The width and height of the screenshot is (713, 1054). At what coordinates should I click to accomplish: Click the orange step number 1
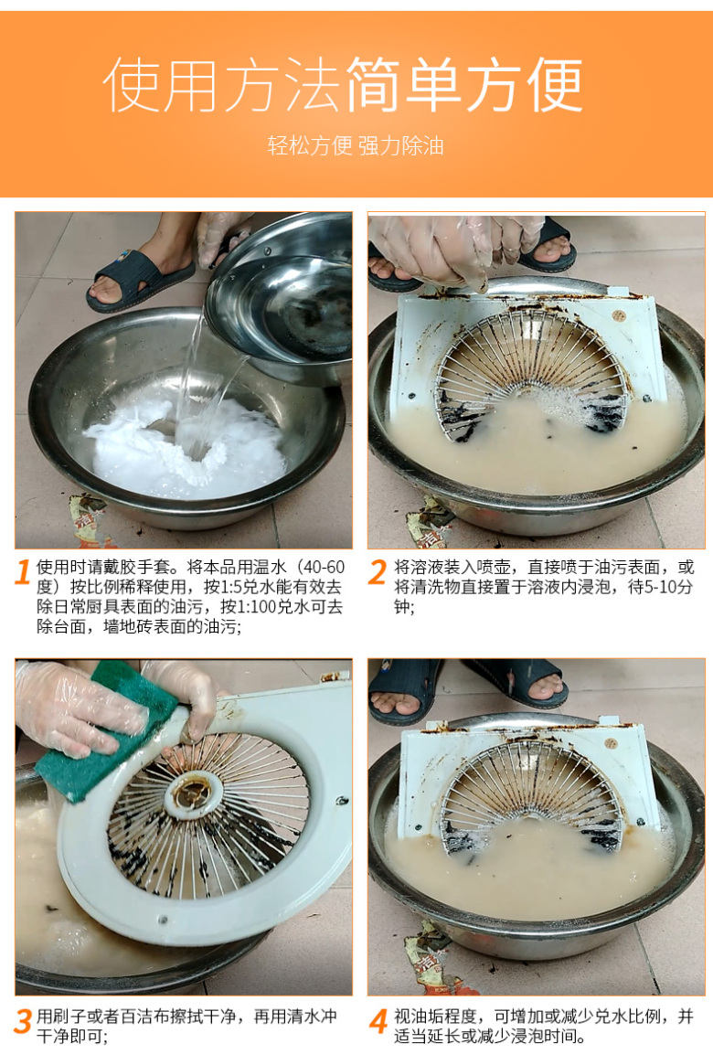click(23, 572)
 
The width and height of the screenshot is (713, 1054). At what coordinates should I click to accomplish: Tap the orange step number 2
click(377, 572)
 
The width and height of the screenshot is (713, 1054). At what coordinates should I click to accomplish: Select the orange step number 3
click(23, 1022)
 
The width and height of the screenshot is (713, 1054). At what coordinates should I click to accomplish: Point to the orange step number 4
click(378, 1022)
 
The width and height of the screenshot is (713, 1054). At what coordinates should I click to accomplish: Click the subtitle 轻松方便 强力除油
click(356, 146)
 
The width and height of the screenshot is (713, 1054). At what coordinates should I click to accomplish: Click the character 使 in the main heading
click(132, 85)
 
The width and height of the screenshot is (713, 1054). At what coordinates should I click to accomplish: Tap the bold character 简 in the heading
click(375, 85)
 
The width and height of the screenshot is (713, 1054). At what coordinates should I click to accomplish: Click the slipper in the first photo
click(138, 279)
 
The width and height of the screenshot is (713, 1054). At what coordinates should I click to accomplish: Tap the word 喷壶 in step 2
click(494, 568)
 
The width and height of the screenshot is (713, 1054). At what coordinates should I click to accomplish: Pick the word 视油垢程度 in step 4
click(435, 1017)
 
